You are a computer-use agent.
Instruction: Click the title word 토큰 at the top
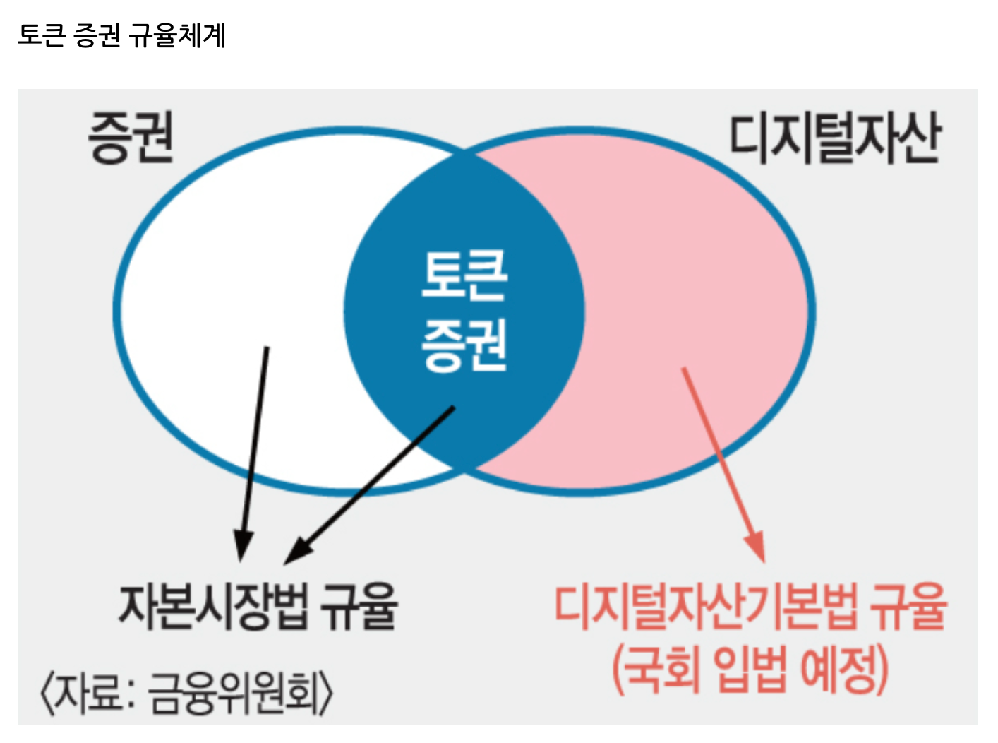point(42,35)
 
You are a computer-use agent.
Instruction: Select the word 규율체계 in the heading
point(177,35)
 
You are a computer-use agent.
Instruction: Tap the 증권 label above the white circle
point(131,138)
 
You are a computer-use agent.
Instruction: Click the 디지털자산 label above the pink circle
point(834,138)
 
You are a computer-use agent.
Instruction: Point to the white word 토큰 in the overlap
point(464,275)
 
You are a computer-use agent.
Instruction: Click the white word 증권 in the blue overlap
point(464,345)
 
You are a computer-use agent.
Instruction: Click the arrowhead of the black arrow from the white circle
point(243,545)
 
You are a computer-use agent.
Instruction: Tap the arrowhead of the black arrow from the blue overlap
point(296,552)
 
